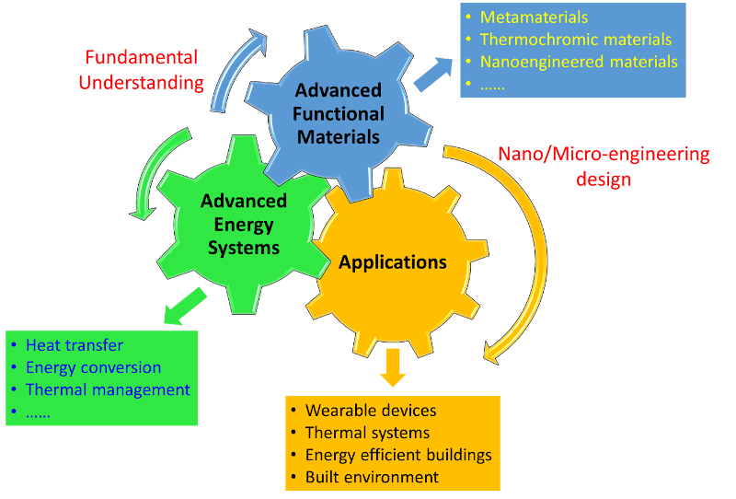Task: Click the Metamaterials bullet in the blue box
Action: pos(534,17)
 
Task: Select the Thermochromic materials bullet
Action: pos(576,40)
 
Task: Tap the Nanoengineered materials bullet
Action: pos(579,63)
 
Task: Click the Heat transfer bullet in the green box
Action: pos(74,345)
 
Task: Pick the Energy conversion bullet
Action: pos(93,367)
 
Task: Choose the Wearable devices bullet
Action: pos(371,411)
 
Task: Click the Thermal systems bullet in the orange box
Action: pos(367,433)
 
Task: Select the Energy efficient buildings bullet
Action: pos(398,455)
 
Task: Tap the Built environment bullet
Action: pos(372,477)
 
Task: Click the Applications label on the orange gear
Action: pos(393,262)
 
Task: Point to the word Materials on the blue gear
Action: pos(339,137)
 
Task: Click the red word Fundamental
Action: pos(141,57)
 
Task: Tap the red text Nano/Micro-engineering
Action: pos(603,155)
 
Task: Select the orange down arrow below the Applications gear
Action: pos(393,366)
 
